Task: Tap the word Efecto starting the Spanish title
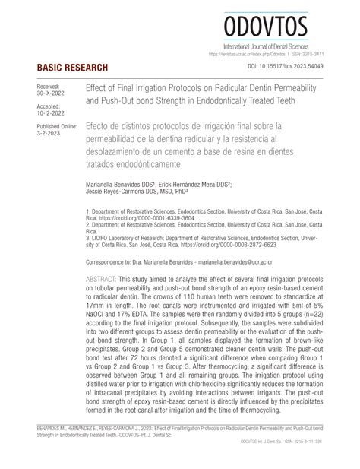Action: point(103,123)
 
